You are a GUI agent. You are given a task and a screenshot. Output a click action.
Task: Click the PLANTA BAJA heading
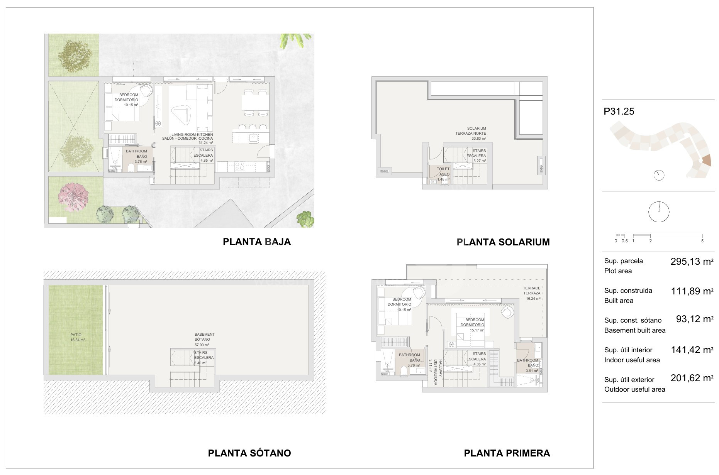coord(257,242)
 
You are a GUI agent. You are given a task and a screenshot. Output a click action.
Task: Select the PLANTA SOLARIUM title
coord(503,242)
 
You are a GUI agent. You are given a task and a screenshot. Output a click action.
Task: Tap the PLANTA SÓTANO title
coord(249,453)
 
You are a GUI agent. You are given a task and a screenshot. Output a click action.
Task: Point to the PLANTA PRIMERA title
coord(507,453)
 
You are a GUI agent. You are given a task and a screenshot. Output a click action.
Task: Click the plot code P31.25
coord(619,112)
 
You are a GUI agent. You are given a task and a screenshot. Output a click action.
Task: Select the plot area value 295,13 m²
coord(692,262)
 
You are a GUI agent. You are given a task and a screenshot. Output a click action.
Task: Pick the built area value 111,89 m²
coord(692,291)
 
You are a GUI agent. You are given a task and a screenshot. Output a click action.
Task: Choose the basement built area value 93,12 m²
coord(695,319)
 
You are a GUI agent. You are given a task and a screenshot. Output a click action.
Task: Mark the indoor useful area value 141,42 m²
coord(692,350)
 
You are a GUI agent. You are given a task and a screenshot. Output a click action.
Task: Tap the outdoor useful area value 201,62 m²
coord(692,378)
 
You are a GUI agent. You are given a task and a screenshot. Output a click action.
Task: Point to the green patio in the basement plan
coord(76,330)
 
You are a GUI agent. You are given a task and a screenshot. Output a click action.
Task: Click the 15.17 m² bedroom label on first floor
coord(475,322)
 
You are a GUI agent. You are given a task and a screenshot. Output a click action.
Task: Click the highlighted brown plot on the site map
coord(706,159)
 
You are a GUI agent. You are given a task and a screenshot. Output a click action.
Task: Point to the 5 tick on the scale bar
coord(702,241)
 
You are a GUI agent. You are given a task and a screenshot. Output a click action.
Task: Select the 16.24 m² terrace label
coord(532,293)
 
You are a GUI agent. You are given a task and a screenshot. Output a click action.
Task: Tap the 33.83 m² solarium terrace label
coord(476,133)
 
